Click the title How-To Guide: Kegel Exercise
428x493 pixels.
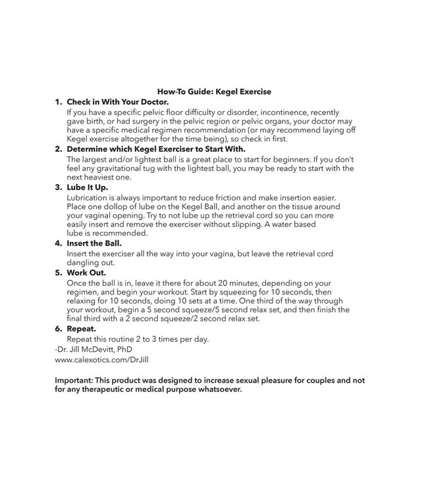point(215,91)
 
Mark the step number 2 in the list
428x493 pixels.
point(58,149)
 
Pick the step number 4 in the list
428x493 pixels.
point(58,243)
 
